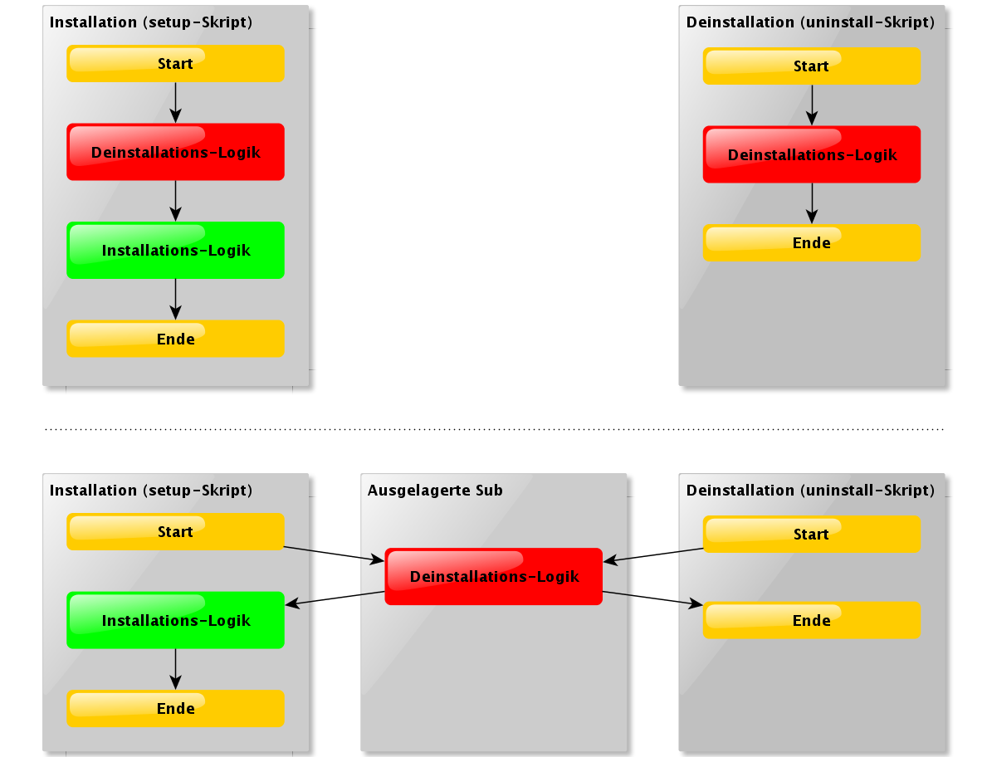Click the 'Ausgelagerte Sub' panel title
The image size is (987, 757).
point(435,491)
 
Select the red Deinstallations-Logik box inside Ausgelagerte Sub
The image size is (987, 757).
point(494,576)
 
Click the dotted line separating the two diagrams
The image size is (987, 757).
point(494,429)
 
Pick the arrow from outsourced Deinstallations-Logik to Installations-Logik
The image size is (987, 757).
point(335,598)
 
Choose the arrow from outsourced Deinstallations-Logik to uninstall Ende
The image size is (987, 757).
point(652,598)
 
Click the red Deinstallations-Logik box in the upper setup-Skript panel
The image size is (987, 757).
point(175,152)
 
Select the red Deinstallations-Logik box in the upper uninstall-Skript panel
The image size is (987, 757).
point(812,154)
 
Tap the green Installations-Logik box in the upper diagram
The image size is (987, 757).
point(175,250)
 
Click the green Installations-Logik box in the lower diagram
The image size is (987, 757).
point(175,620)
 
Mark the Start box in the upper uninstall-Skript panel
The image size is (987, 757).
point(812,66)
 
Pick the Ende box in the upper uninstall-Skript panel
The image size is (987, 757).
point(812,242)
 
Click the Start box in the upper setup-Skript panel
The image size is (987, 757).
point(175,64)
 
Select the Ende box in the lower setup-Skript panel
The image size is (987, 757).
point(175,709)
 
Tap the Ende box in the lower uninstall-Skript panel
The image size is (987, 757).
point(812,620)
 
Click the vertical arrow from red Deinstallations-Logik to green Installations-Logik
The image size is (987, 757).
point(175,201)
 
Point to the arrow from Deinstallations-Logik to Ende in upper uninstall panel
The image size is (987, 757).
point(812,203)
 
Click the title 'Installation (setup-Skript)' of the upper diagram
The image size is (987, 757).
point(150,22)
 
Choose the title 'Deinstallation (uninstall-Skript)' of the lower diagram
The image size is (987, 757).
point(810,491)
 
